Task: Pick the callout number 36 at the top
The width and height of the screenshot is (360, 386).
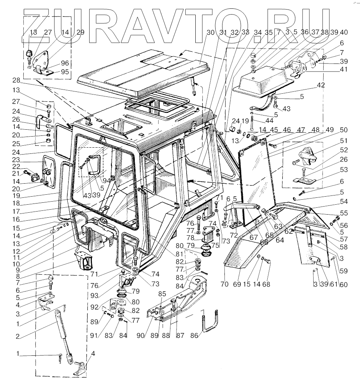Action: coord(304,33)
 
